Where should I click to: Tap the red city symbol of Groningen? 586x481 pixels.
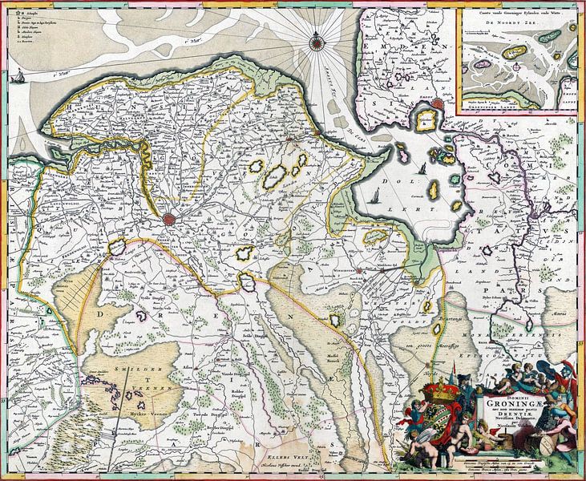click(170, 218)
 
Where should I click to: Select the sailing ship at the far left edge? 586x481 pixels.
click(16, 77)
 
